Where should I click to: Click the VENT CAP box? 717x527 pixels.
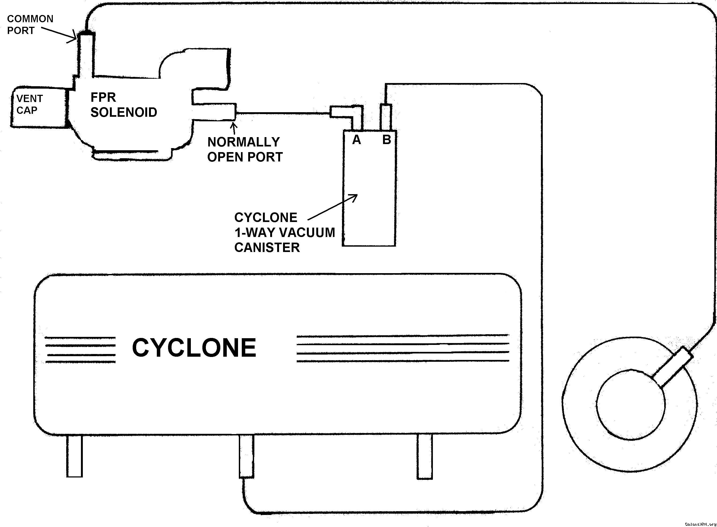coord(38,108)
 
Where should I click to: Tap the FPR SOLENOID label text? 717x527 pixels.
coord(124,105)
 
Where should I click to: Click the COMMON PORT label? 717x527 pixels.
coord(30,25)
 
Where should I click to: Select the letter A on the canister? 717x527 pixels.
coord(356,140)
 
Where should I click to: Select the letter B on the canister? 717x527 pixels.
coord(386,140)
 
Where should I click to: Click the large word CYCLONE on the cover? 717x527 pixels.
coord(194,348)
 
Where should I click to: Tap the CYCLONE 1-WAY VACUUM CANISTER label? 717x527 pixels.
coord(284,232)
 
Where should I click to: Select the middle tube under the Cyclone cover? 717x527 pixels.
coord(246,456)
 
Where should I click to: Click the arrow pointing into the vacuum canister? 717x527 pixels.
coord(332,207)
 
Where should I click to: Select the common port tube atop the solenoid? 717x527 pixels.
coord(86,54)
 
